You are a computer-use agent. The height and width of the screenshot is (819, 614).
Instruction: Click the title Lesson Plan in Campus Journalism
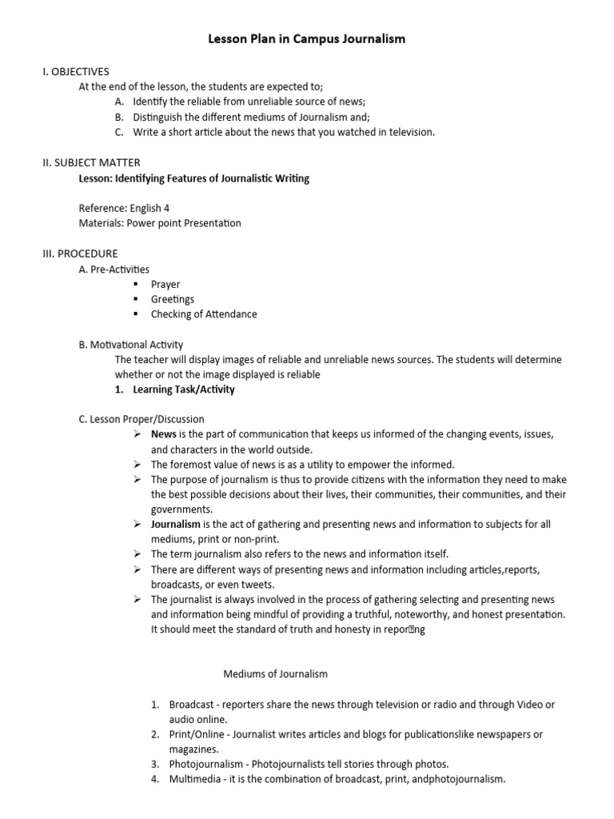[307, 38]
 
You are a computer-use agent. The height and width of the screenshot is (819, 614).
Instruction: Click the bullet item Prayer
[165, 284]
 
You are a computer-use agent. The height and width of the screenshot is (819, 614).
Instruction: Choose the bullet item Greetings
[172, 299]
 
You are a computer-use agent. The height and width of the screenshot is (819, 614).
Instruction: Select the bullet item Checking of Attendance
[204, 314]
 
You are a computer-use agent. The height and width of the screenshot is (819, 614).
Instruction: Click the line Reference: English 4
[124, 208]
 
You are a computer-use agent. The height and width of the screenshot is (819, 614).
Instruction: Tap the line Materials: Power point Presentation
[160, 223]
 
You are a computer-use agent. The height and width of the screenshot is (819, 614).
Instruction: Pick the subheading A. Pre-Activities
[114, 269]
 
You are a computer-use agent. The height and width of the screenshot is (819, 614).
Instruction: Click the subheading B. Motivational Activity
[130, 345]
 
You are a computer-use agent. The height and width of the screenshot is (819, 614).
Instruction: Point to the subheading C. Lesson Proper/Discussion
[141, 419]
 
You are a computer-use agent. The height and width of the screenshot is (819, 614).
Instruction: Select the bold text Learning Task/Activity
[184, 390]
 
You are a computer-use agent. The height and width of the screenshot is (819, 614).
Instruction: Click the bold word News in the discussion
[164, 434]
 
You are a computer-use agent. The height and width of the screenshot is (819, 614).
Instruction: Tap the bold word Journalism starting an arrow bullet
[175, 525]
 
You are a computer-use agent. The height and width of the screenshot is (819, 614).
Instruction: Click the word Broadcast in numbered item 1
[192, 705]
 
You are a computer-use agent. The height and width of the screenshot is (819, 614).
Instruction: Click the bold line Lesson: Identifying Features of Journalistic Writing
[194, 178]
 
